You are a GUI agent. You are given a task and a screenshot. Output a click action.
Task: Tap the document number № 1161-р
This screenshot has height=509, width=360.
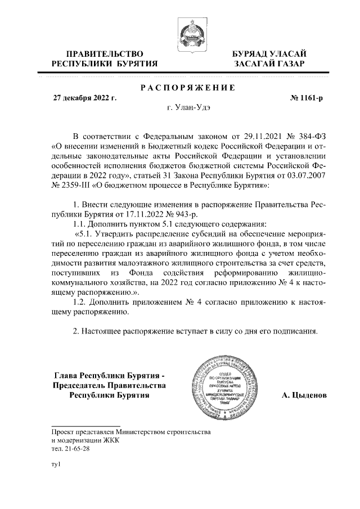307,98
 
